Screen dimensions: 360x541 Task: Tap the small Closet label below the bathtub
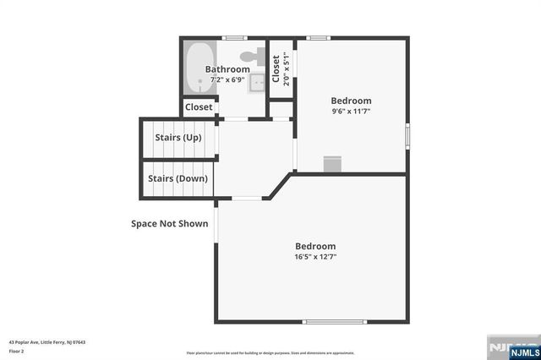[x=199, y=107]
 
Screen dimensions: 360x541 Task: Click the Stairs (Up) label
[x=178, y=137]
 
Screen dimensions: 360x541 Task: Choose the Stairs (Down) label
[x=178, y=178]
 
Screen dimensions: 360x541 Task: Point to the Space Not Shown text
[x=169, y=224]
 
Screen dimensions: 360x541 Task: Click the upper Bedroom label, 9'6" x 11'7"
[x=351, y=100]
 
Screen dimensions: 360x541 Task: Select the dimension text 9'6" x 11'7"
[x=351, y=111]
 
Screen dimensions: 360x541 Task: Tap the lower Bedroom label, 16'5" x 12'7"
[x=315, y=246]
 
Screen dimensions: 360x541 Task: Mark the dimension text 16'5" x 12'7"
[x=315, y=257]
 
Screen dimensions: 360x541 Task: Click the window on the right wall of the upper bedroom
[x=407, y=134]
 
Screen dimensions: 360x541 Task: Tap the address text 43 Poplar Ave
[x=46, y=342]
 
